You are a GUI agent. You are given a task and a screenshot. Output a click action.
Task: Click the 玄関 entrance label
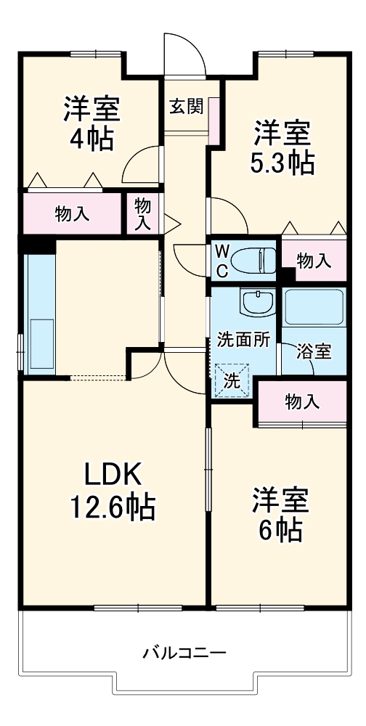coord(186,107)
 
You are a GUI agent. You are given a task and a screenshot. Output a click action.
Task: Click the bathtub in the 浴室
coord(314,307)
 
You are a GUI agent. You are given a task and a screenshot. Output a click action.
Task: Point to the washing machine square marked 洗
coord(232,380)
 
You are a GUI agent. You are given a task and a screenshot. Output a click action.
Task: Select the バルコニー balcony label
coord(184,653)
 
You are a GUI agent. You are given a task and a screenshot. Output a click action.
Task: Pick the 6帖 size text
coord(281,530)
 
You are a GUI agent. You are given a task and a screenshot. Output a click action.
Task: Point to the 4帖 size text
coord(91,138)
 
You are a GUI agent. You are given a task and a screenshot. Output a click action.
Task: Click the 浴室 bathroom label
coord(314,352)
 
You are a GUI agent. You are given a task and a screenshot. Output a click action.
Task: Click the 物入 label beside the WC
coord(314,261)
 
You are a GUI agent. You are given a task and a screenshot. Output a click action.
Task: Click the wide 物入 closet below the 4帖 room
coord(73,213)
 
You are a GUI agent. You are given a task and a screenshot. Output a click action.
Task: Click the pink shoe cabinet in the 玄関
coord(214,121)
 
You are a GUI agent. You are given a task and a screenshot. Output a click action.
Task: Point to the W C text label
coord(222,261)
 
